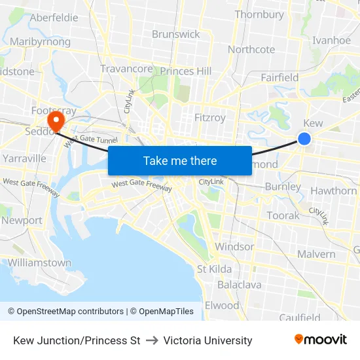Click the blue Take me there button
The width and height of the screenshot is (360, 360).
180,160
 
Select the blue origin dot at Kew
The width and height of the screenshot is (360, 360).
304,138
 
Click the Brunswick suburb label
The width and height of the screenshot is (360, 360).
175,34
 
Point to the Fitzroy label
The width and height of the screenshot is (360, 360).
210,118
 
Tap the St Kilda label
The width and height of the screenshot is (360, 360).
215,269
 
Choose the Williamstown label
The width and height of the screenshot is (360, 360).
39,262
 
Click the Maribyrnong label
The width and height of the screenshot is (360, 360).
41,42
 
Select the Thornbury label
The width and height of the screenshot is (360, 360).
259,14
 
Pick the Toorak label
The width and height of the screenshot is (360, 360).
283,215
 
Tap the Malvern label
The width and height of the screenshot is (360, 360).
316,254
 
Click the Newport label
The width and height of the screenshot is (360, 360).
22,221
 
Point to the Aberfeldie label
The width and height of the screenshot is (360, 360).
54,18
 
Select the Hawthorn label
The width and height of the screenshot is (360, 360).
333,191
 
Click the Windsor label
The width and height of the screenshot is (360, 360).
234,247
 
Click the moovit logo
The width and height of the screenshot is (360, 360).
321,340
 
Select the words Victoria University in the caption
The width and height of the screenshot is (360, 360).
207,340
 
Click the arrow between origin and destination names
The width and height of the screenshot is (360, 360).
152,340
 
